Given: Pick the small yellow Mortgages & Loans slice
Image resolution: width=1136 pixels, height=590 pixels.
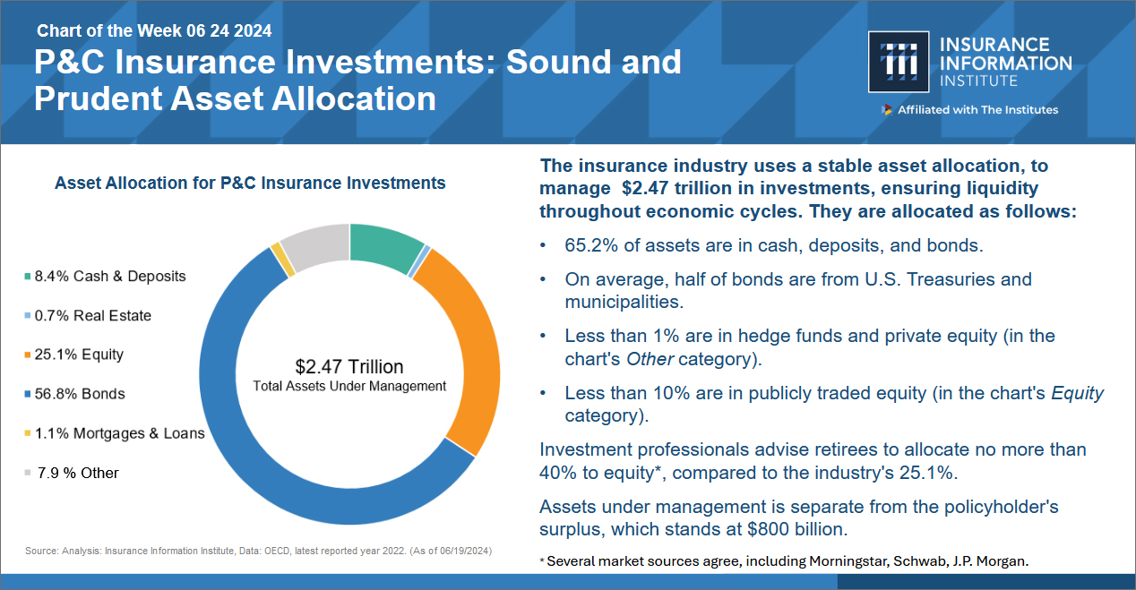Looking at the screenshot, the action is [x=282, y=260].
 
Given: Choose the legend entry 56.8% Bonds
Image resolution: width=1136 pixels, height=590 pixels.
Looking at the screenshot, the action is [x=75, y=394].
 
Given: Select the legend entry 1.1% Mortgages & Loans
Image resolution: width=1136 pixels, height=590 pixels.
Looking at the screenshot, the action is [x=115, y=433].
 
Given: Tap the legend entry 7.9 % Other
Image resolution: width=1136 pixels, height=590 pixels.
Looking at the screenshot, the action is [x=72, y=473].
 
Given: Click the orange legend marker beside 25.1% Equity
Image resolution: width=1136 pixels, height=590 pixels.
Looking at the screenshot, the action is [x=28, y=355].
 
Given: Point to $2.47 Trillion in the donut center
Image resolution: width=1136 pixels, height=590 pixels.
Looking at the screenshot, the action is [x=349, y=366].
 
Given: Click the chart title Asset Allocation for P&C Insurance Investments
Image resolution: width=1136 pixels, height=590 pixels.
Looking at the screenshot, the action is [x=250, y=183].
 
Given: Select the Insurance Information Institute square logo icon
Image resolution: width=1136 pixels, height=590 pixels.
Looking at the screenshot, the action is [x=899, y=62].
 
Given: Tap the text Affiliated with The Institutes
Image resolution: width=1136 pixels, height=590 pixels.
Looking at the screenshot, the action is [x=977, y=110].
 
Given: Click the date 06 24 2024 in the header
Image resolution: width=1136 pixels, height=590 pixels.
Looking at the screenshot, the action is [x=228, y=31].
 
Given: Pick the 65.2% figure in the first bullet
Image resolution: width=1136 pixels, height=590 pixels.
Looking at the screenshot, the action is [x=591, y=245].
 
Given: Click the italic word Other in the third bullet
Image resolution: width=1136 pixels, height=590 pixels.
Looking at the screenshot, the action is [x=650, y=359].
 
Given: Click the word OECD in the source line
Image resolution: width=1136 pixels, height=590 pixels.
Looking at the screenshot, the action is [x=277, y=551].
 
